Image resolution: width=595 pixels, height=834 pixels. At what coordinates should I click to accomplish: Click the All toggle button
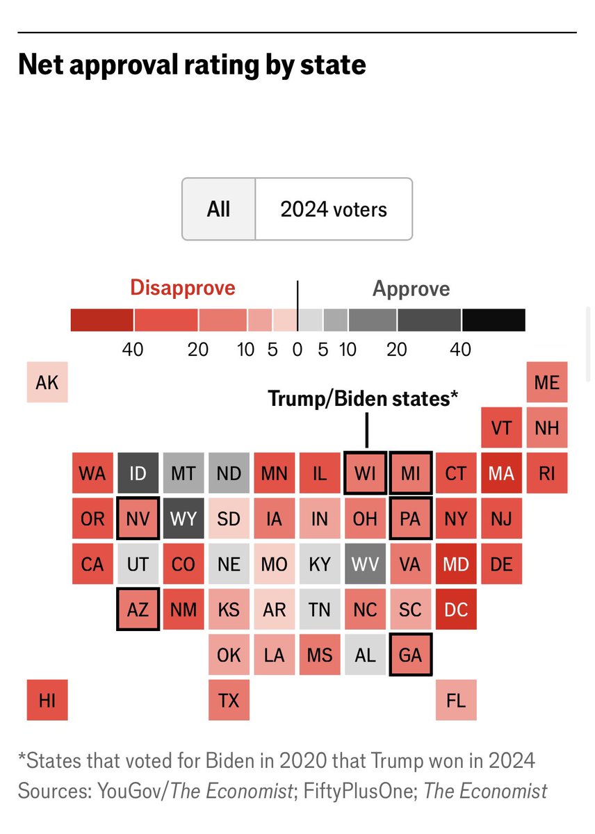[218, 209]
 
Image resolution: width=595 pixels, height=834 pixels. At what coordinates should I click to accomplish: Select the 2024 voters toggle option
[334, 209]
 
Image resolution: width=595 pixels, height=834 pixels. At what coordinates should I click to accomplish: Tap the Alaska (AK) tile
[47, 382]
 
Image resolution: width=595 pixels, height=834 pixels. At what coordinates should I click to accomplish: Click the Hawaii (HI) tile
[47, 700]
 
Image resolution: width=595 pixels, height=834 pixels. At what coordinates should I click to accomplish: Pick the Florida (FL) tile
[456, 700]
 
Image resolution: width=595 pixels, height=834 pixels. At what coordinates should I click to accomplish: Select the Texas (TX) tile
[229, 700]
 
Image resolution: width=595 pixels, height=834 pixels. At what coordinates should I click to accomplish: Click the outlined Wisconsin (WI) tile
[365, 473]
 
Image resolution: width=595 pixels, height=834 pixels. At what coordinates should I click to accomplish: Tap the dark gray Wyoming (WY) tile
[183, 518]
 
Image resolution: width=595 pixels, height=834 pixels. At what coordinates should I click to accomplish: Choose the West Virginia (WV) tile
[365, 564]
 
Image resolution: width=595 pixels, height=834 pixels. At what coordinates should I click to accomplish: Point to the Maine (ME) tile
[547, 382]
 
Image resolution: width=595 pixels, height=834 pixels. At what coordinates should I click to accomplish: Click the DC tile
[456, 610]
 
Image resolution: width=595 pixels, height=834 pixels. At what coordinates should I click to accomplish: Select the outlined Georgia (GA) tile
[411, 655]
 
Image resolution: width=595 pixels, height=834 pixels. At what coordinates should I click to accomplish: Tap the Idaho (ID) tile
[138, 473]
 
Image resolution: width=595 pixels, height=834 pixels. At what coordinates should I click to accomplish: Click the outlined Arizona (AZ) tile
[138, 610]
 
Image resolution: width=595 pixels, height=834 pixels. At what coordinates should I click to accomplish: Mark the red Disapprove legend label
[183, 288]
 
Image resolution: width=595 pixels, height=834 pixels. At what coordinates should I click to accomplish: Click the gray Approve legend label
[411, 289]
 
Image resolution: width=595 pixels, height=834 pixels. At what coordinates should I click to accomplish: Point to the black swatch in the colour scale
[494, 320]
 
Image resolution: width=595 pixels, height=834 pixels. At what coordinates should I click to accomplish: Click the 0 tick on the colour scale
[297, 349]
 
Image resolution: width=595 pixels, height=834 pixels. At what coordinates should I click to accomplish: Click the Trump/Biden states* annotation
[363, 399]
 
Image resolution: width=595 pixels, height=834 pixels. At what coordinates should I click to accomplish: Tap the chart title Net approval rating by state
[191, 65]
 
